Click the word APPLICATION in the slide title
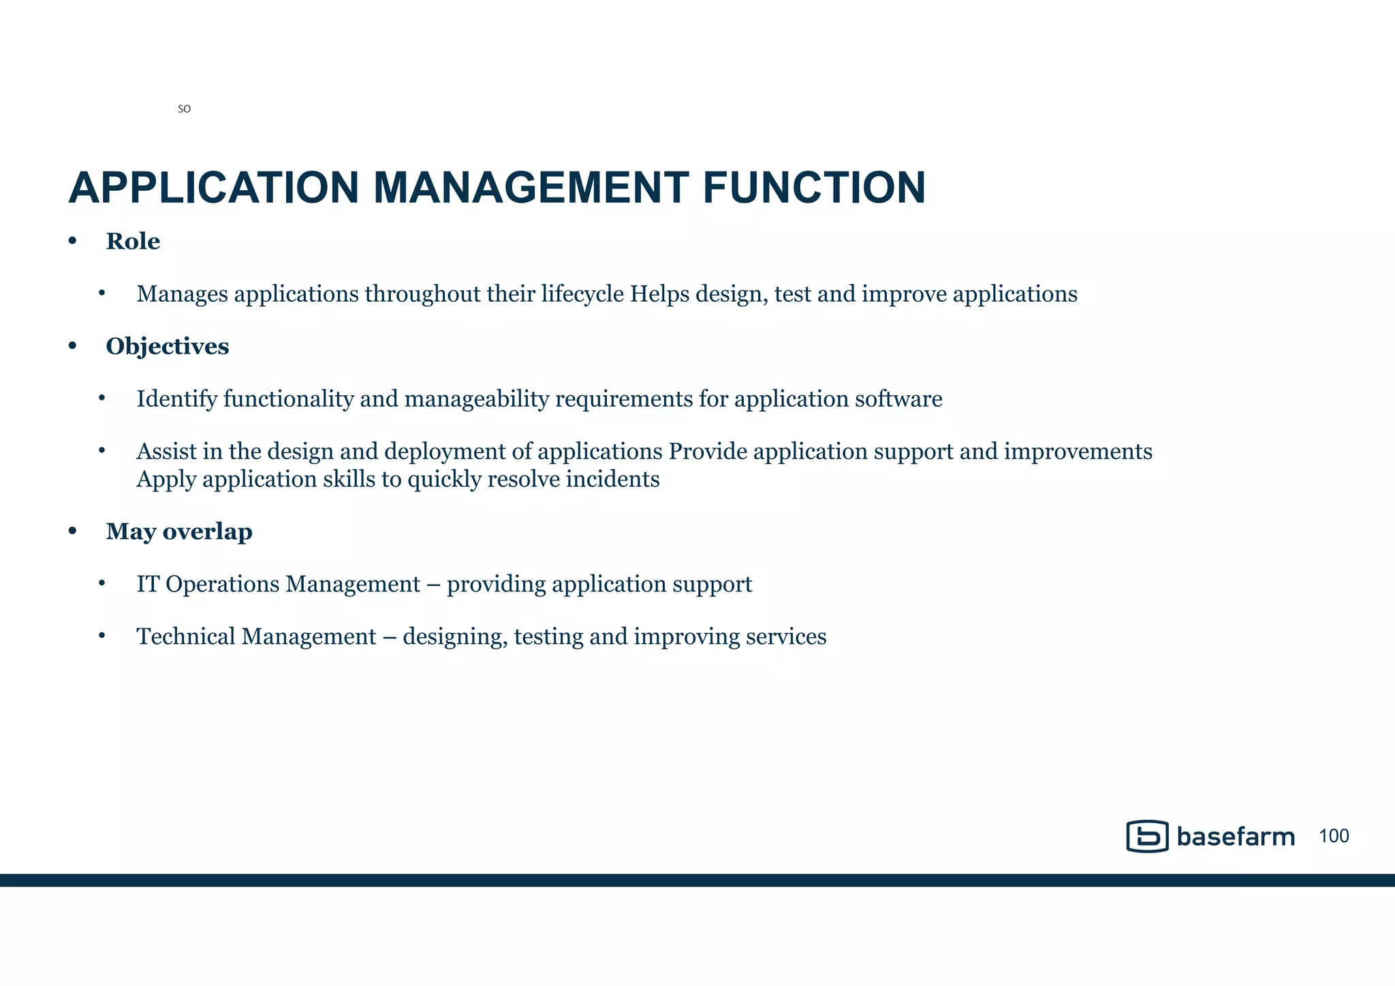pyautogui.click(x=213, y=188)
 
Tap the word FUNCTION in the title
pyautogui.click(x=814, y=188)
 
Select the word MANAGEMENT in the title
pyautogui.click(x=531, y=188)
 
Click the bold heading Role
pyautogui.click(x=133, y=241)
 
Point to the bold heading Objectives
pyautogui.click(x=167, y=346)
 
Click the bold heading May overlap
pyautogui.click(x=179, y=531)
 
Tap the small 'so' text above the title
pyautogui.click(x=184, y=109)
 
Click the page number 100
pyautogui.click(x=1334, y=836)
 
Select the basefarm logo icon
pyautogui.click(x=1147, y=836)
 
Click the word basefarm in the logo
pyautogui.click(x=1235, y=837)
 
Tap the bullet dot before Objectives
pyautogui.click(x=73, y=346)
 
